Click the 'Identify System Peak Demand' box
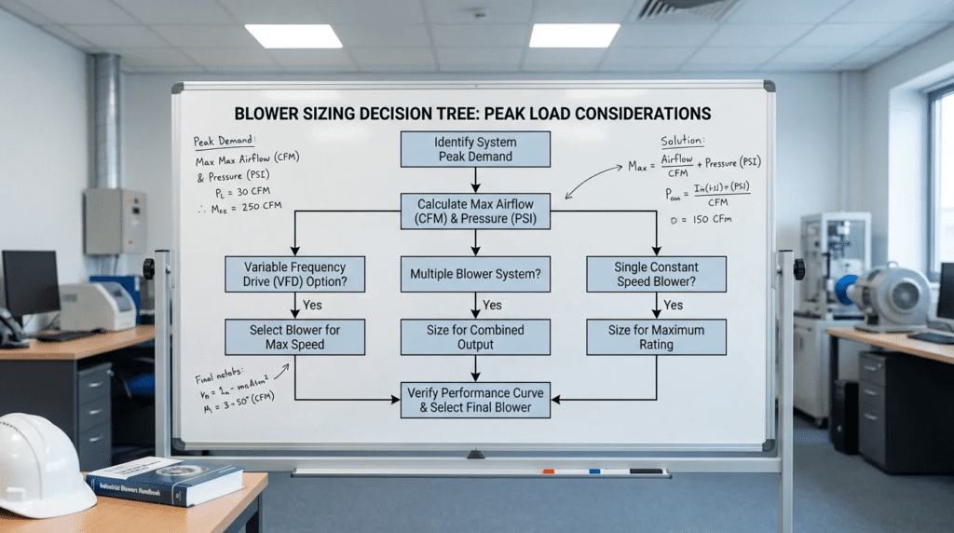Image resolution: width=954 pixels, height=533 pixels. (x=475, y=149)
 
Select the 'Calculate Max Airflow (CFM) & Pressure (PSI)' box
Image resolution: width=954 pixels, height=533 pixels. (x=475, y=212)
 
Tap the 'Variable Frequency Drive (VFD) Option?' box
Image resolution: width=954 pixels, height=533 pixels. (x=295, y=274)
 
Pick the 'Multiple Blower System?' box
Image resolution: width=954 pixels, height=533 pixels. (x=475, y=274)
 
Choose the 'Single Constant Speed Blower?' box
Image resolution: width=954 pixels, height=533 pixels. (x=656, y=274)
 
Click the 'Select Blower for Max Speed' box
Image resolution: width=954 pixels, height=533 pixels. (x=295, y=336)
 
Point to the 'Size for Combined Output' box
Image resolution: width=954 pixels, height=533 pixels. (x=475, y=336)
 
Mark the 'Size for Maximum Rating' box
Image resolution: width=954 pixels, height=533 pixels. (x=656, y=336)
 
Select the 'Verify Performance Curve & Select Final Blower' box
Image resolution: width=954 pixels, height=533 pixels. (x=475, y=399)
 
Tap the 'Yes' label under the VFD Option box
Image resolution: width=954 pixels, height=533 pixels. (x=312, y=305)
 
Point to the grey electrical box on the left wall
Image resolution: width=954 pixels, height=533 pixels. (x=115, y=222)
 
